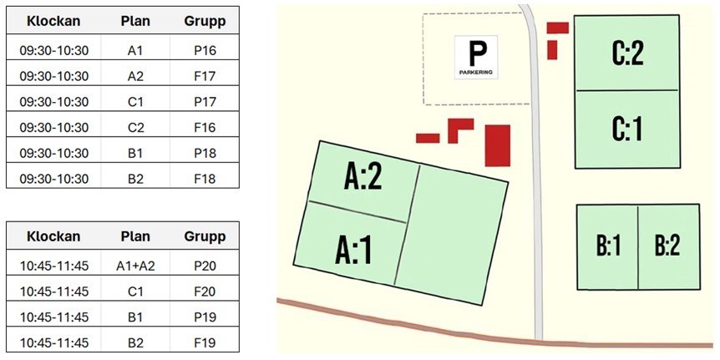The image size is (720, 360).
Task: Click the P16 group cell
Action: (x=205, y=50)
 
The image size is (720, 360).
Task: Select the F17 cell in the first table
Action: (x=205, y=76)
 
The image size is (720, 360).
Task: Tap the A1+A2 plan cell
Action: (x=136, y=266)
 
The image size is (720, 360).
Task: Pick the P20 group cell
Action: (x=205, y=266)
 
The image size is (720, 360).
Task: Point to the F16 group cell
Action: (x=205, y=127)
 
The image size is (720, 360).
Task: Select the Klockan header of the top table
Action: (x=53, y=21)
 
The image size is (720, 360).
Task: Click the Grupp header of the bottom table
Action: (x=205, y=236)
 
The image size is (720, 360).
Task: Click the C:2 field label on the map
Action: (x=626, y=54)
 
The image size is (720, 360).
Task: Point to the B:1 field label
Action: (x=608, y=247)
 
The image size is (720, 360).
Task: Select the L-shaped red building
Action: (x=459, y=128)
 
